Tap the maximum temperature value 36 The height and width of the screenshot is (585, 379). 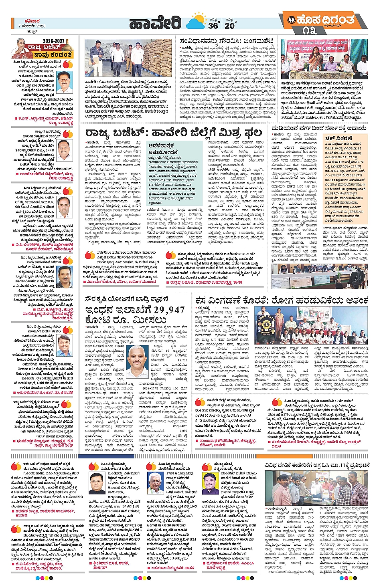point(213,26)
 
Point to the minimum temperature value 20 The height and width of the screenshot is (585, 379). point(229,26)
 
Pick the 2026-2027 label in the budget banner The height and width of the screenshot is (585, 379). point(53,41)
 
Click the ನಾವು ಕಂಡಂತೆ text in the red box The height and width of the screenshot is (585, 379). point(53,54)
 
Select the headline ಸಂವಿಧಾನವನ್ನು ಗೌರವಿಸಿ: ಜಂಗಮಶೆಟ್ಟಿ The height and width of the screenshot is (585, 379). point(227,41)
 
